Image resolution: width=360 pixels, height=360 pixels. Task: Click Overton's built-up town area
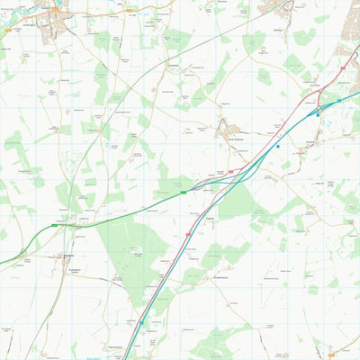click(49, 22)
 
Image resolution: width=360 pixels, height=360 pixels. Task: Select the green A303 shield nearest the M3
click(184, 191)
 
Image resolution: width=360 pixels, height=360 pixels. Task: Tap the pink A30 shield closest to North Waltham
click(230, 170)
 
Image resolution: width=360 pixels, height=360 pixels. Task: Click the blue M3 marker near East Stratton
click(140, 322)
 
